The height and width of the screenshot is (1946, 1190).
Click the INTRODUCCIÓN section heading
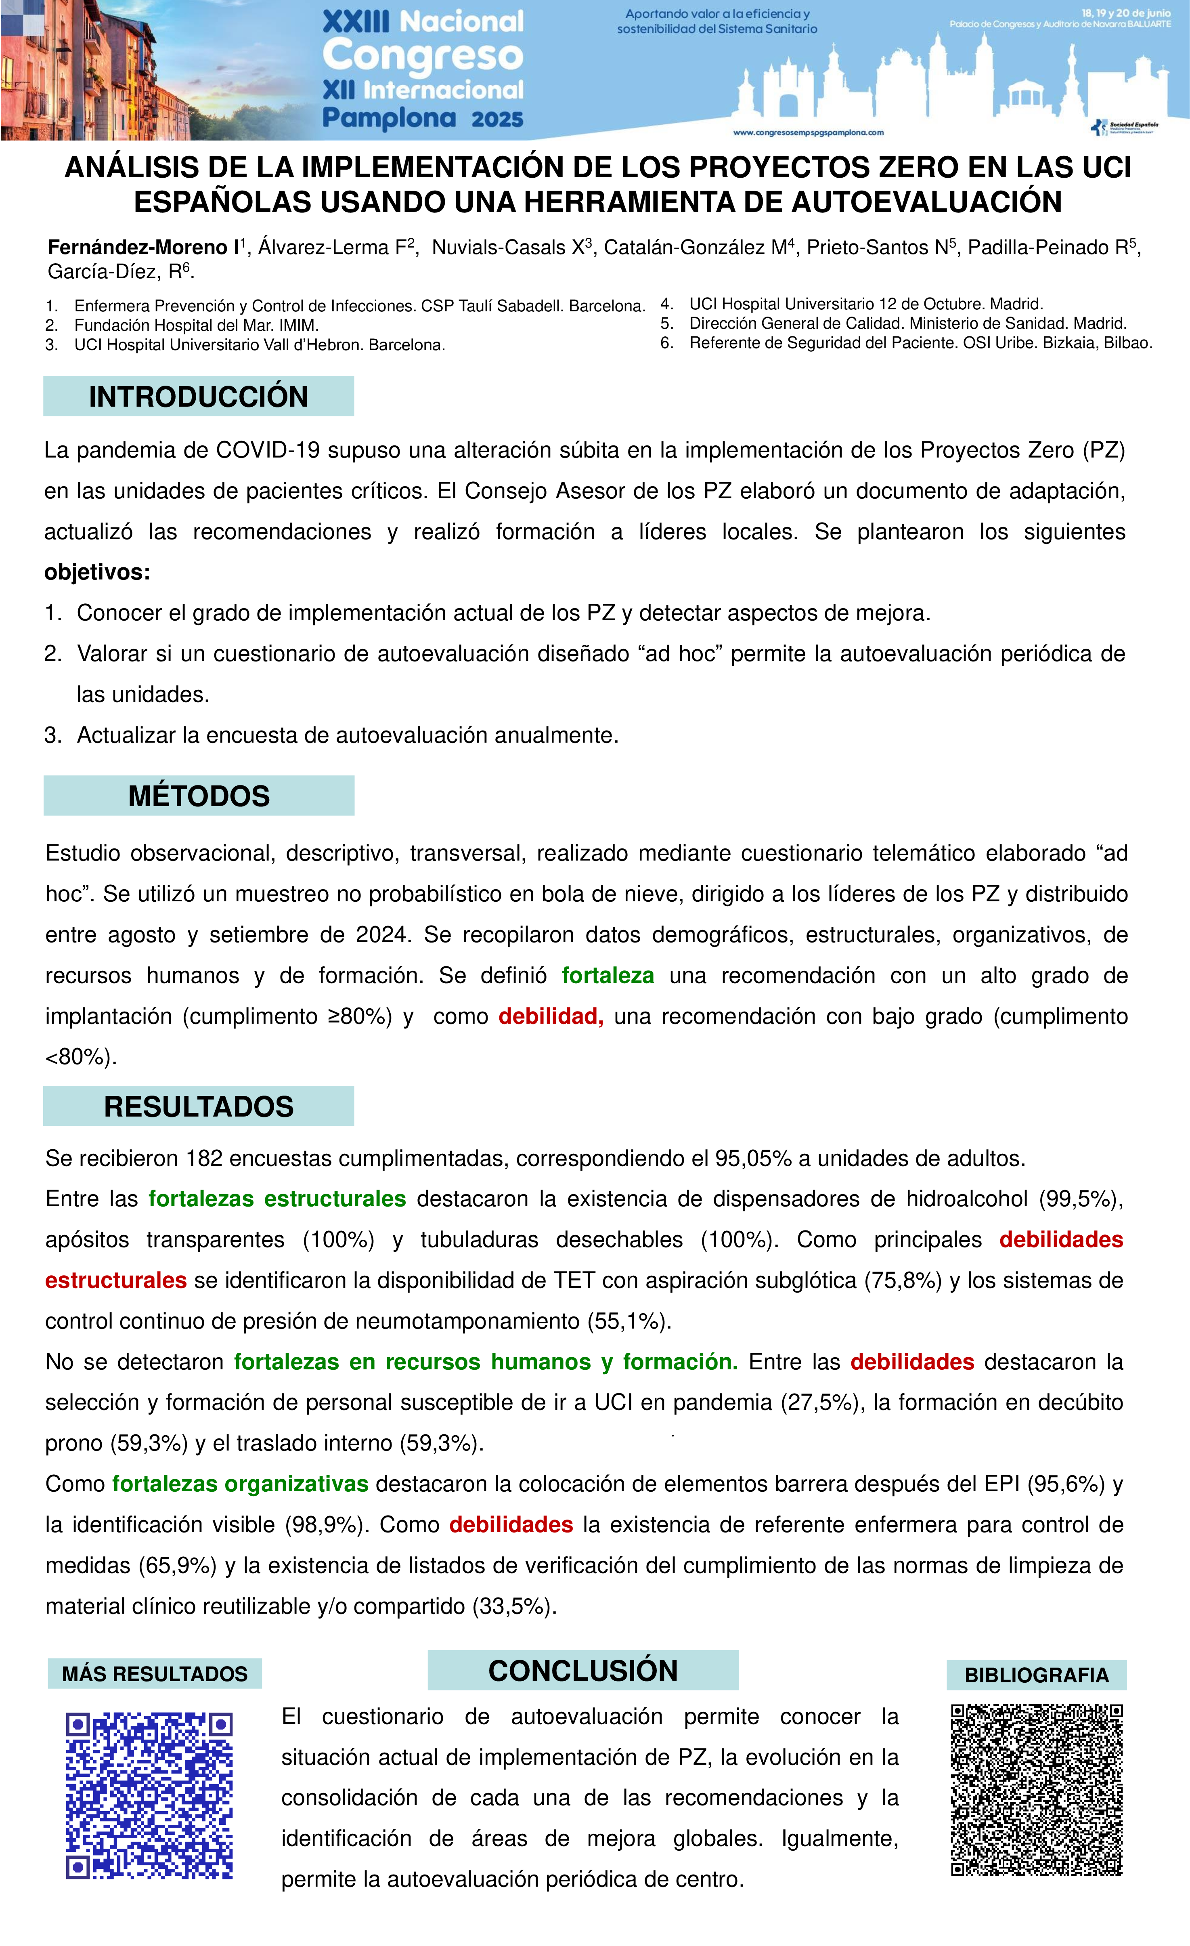pyautogui.click(x=198, y=397)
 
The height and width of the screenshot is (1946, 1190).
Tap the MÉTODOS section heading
pyautogui.click(x=199, y=796)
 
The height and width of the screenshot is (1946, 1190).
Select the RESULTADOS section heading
pyautogui.click(x=198, y=1106)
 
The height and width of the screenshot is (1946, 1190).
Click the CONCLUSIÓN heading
pyautogui.click(x=583, y=1670)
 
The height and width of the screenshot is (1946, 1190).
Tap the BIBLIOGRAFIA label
pyautogui.click(x=1036, y=1675)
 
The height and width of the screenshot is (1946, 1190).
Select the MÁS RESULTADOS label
pyautogui.click(x=155, y=1673)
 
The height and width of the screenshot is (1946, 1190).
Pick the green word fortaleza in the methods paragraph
pyautogui.click(x=607, y=975)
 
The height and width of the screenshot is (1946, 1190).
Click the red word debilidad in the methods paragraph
pyautogui.click(x=550, y=1016)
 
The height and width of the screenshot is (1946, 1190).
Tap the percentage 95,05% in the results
pyautogui.click(x=752, y=1159)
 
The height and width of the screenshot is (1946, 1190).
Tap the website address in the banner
pyautogui.click(x=809, y=133)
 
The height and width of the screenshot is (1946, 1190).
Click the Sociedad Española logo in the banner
pyautogui.click(x=1125, y=127)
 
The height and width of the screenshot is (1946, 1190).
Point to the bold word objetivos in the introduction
pyautogui.click(x=96, y=572)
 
